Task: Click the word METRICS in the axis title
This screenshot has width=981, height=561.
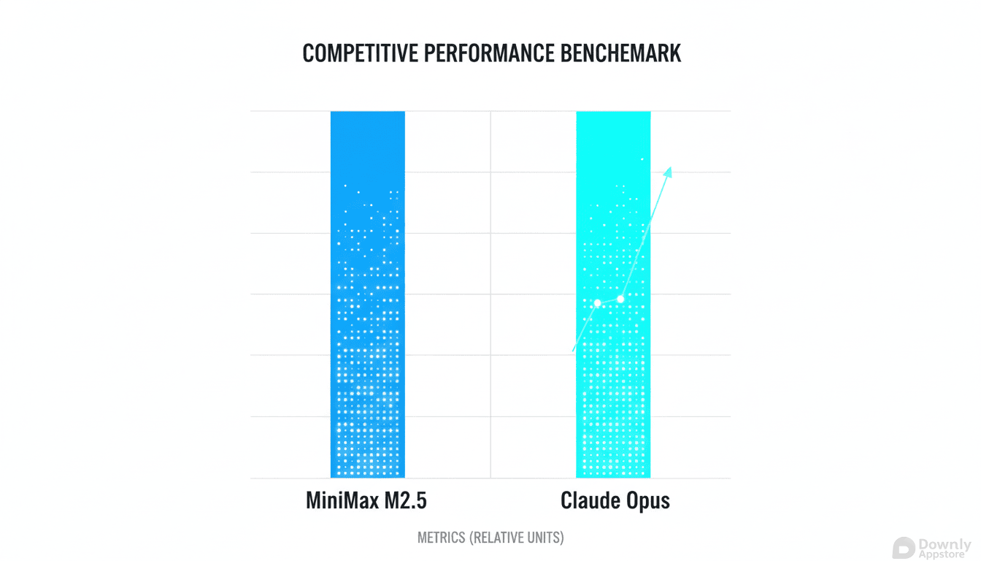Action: tap(442, 538)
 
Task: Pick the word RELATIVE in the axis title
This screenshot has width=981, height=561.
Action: tap(500, 538)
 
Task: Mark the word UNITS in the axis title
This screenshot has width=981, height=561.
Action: tap(546, 538)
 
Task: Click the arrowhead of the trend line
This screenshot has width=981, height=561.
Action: tap(668, 171)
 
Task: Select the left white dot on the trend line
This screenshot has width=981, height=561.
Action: tap(597, 303)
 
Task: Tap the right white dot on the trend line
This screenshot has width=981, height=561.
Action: tap(620, 299)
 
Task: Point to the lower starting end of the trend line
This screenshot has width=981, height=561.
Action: tap(573, 351)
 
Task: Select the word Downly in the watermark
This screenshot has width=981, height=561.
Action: tap(945, 545)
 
